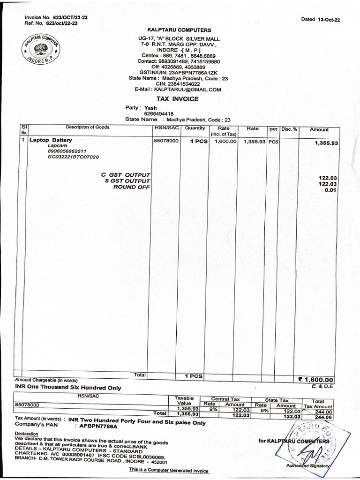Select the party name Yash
pos(150,107)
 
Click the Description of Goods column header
pos(87,127)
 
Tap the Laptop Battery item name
pos(51,140)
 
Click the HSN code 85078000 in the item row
pos(166,140)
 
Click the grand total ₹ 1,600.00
pos(314,380)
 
